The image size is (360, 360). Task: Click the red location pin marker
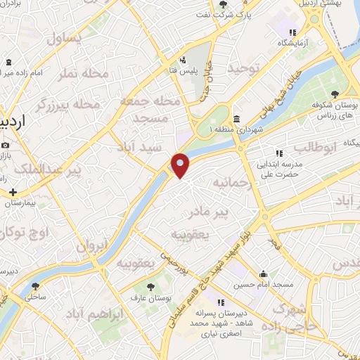coord(180,165)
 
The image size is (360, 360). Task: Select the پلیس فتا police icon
coord(184,59)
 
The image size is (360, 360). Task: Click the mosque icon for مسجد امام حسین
coord(264,274)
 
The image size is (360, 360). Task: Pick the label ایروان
coord(91,247)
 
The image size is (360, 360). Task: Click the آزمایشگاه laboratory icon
coord(293,32)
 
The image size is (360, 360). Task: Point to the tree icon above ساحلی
coord(36,286)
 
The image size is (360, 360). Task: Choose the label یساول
coord(65,39)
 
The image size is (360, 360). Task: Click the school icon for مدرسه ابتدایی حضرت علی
coord(278,153)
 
